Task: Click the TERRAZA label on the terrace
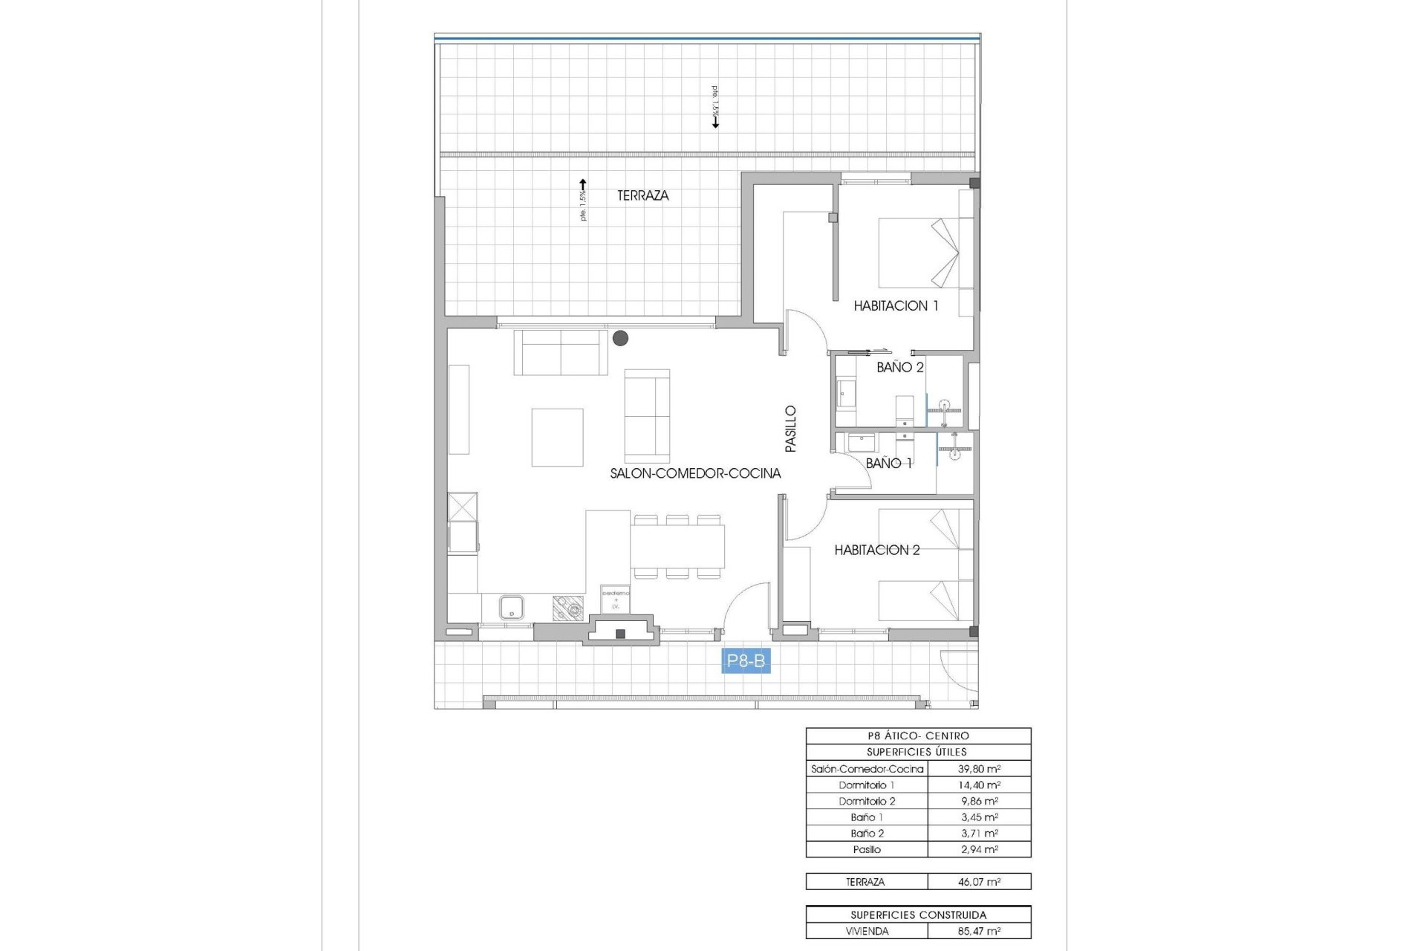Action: (x=642, y=195)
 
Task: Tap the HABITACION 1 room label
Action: (x=896, y=305)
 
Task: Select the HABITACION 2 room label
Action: (x=876, y=550)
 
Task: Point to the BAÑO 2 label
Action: (x=899, y=367)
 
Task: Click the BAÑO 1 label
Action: (x=888, y=463)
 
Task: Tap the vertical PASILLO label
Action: (x=790, y=429)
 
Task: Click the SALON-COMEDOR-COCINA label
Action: (x=695, y=473)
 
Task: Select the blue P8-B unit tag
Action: (x=746, y=660)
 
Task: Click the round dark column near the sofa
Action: (x=620, y=338)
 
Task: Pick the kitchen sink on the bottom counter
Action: (x=512, y=608)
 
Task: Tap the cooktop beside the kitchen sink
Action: (x=569, y=608)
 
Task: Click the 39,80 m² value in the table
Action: (x=978, y=769)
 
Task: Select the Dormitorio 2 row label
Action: (x=867, y=801)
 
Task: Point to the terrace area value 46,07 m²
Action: (x=978, y=882)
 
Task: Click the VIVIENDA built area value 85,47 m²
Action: (x=978, y=931)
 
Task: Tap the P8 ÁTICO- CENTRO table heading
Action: (x=918, y=736)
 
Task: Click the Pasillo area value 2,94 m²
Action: (x=978, y=849)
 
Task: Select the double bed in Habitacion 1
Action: (x=918, y=253)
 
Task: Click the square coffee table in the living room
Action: (x=557, y=437)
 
